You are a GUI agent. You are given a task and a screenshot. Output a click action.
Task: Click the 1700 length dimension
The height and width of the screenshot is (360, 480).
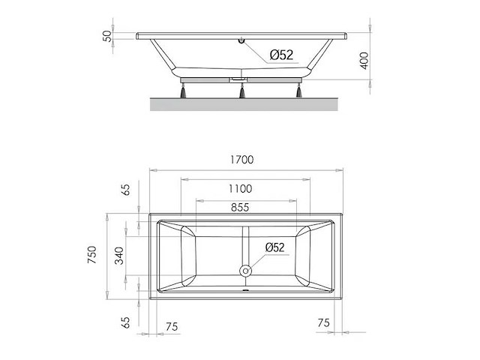[x=241, y=160]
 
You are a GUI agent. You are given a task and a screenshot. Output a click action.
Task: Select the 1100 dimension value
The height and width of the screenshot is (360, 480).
[x=240, y=188]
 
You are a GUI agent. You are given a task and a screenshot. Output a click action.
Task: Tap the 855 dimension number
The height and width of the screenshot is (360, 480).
[x=240, y=208]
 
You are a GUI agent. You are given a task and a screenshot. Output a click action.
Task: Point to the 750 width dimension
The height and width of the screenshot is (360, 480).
[x=91, y=255]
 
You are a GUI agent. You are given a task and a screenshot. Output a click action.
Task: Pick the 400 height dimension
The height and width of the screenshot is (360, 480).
[x=364, y=61]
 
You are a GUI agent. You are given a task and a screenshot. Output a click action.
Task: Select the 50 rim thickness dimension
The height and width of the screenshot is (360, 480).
[x=107, y=36]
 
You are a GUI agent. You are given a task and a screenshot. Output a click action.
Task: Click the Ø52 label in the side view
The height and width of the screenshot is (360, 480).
[x=282, y=55]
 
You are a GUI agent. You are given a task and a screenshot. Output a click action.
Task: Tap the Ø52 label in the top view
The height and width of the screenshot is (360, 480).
[x=275, y=247]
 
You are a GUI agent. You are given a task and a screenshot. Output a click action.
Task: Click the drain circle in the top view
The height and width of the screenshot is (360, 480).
[x=245, y=271]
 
